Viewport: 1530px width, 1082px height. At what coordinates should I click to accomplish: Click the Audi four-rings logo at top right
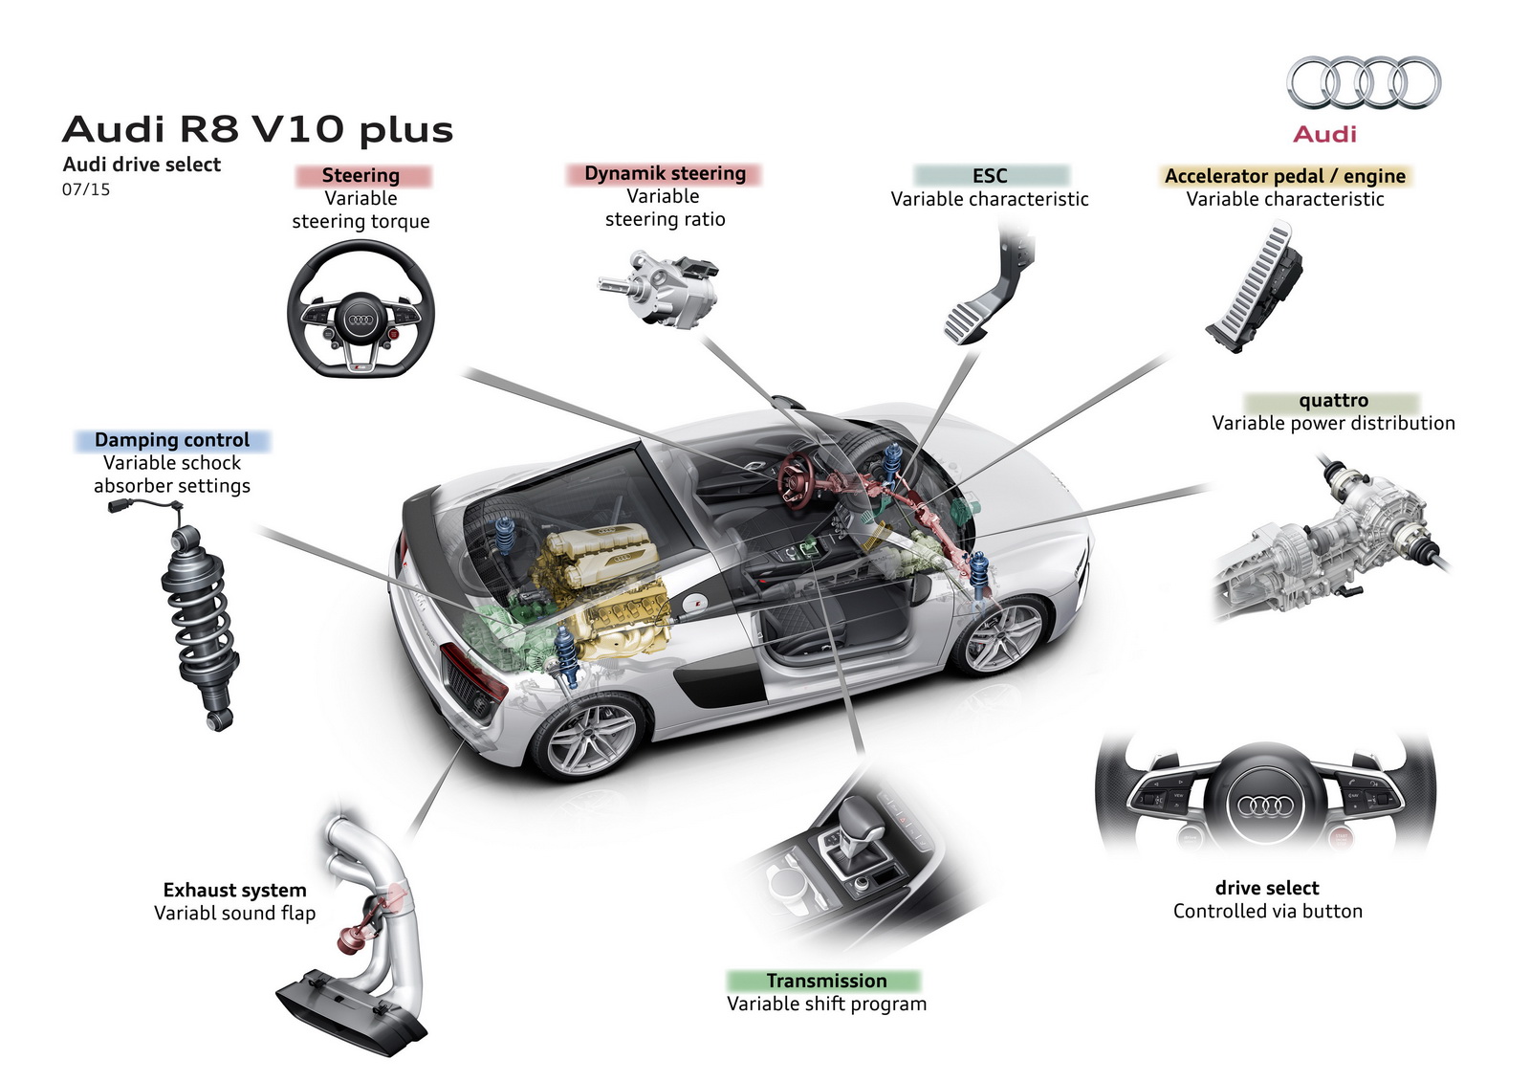[1363, 82]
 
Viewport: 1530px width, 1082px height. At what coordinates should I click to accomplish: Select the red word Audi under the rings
[1324, 134]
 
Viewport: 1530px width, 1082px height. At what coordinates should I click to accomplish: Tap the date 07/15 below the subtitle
[86, 189]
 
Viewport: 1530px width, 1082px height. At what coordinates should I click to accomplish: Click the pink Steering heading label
[361, 175]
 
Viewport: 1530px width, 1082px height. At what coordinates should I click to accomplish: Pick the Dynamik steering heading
[665, 173]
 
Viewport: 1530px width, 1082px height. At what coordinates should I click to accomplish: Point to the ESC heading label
[990, 176]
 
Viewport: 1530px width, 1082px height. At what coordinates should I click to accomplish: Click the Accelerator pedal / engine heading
[1284, 176]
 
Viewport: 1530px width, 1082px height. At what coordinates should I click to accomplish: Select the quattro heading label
[1333, 401]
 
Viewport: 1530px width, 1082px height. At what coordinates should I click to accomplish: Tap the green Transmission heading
[826, 981]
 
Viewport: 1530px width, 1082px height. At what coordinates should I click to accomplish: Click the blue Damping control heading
[172, 440]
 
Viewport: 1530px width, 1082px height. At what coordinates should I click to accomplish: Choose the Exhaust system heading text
[234, 891]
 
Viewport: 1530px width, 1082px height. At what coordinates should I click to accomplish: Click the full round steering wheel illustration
[361, 309]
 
